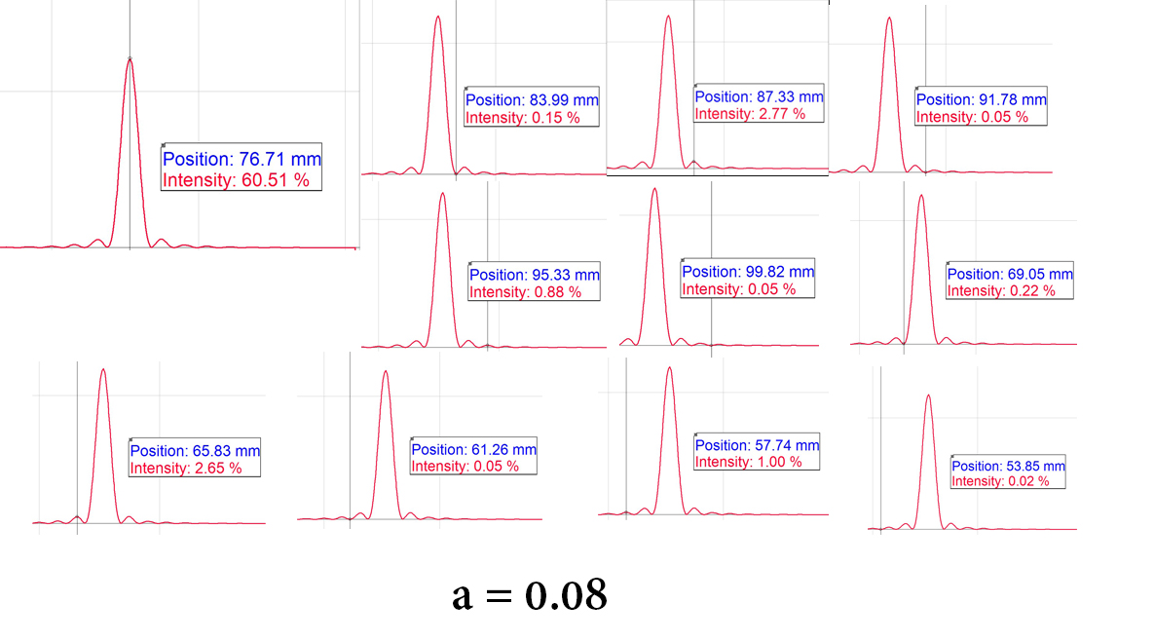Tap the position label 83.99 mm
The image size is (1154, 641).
[532, 100]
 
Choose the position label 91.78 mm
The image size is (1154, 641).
[981, 99]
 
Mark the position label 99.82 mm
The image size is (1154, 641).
[748, 272]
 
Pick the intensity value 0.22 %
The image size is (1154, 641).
[1001, 291]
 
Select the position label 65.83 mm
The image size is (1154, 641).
[195, 451]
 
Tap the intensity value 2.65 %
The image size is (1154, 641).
[186, 469]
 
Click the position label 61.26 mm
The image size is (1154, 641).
[473, 449]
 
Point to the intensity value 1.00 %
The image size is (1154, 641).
[748, 462]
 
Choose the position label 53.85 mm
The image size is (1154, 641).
[1008, 466]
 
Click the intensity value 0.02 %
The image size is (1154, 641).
[1000, 481]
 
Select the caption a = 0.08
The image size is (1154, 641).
[530, 594]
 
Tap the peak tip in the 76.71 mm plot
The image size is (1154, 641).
[130, 58]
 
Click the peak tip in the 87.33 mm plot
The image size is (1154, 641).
[668, 16]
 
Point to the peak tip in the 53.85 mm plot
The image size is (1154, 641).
[928, 395]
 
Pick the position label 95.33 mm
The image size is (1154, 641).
[535, 275]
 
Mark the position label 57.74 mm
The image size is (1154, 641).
[757, 445]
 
